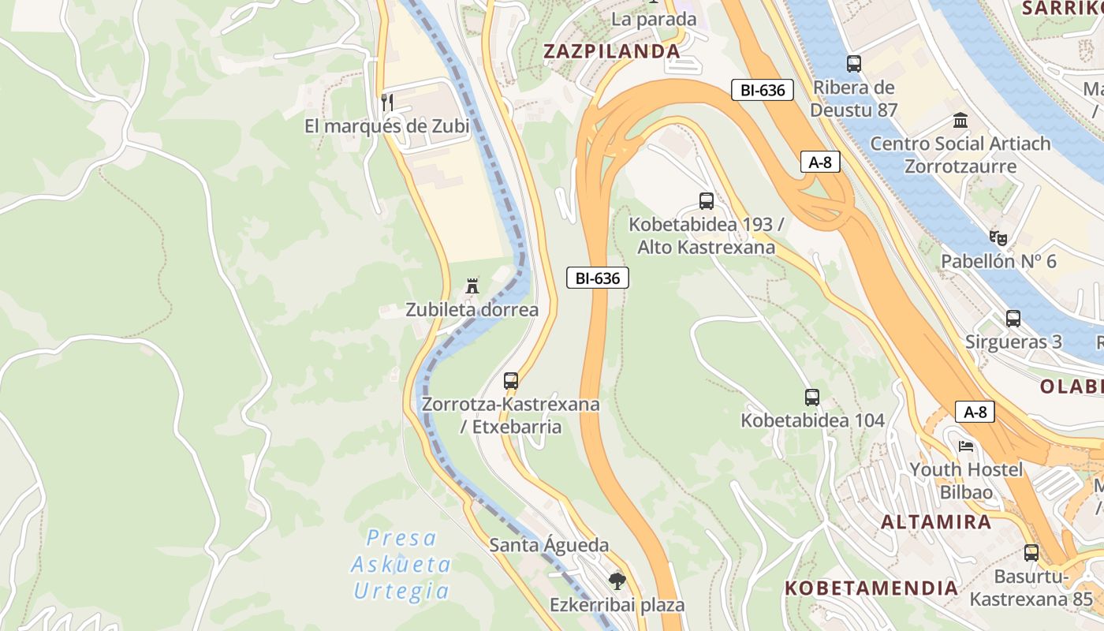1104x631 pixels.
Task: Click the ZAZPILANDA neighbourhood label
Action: pyautogui.click(x=611, y=51)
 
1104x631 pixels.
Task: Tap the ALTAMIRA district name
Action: pyautogui.click(x=936, y=521)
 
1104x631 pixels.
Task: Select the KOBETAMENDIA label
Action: pyautogui.click(x=871, y=588)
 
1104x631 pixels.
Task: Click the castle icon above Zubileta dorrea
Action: pyautogui.click(x=472, y=286)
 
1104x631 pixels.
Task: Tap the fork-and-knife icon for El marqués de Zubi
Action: pyautogui.click(x=386, y=103)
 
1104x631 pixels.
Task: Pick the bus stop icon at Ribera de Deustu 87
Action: pyautogui.click(x=854, y=64)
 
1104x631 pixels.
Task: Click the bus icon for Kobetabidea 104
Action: pyautogui.click(x=812, y=398)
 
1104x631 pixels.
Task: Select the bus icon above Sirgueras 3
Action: pyautogui.click(x=1013, y=319)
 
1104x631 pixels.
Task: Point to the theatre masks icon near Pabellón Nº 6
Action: pyautogui.click(x=998, y=237)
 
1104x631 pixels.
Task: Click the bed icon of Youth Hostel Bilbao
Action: pyautogui.click(x=966, y=446)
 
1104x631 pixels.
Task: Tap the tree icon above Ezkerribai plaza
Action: pyautogui.click(x=617, y=582)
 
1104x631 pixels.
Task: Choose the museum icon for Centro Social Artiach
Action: pyautogui.click(x=960, y=121)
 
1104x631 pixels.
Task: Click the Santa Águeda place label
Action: pyautogui.click(x=549, y=545)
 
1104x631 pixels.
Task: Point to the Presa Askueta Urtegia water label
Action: pyautogui.click(x=401, y=564)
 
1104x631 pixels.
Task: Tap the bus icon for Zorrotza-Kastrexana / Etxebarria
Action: pyautogui.click(x=511, y=381)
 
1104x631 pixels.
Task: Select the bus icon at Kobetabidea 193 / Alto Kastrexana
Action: pyautogui.click(x=707, y=201)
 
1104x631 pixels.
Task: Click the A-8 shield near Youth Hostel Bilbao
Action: pyautogui.click(x=975, y=412)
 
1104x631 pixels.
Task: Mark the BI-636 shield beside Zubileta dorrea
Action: pyautogui.click(x=598, y=278)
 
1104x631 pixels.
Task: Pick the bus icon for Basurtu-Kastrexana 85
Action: pyautogui.click(x=1031, y=553)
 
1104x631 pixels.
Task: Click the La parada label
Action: pyautogui.click(x=654, y=19)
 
